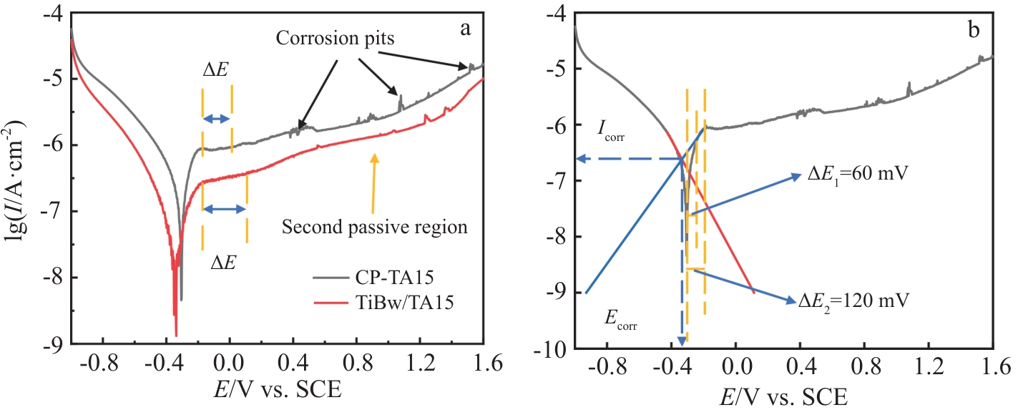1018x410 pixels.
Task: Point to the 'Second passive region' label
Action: point(375,228)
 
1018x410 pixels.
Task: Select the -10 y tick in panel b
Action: point(554,348)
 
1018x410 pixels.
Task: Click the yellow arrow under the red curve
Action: point(373,179)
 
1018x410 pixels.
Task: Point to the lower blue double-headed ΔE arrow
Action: point(225,209)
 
